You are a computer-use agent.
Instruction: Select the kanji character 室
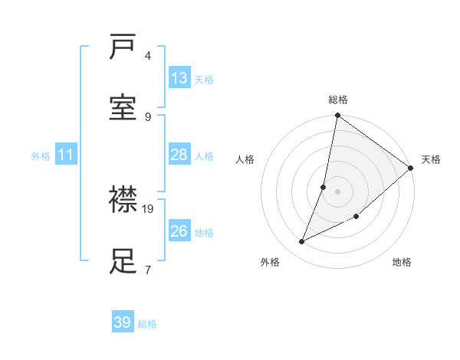(x=123, y=109)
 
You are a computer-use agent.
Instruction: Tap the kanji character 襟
(x=123, y=201)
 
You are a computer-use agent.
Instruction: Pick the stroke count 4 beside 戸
(x=148, y=55)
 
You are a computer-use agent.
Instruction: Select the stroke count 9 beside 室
(x=148, y=116)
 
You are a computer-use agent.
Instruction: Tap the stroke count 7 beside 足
(x=148, y=269)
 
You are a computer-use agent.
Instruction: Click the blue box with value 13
(x=179, y=78)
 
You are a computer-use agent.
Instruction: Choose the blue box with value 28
(x=179, y=155)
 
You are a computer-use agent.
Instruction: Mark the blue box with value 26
(x=179, y=231)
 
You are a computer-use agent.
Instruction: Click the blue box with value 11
(x=66, y=155)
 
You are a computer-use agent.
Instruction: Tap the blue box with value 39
(x=123, y=322)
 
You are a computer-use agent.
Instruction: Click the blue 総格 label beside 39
(x=147, y=324)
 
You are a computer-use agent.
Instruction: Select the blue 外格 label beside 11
(x=41, y=156)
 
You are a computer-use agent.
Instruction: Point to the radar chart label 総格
(x=338, y=100)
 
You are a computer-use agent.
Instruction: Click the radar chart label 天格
(x=431, y=159)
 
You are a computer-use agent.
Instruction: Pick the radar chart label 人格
(x=245, y=159)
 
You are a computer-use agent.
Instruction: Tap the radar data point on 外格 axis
(x=302, y=241)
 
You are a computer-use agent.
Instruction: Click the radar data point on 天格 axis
(x=411, y=169)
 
